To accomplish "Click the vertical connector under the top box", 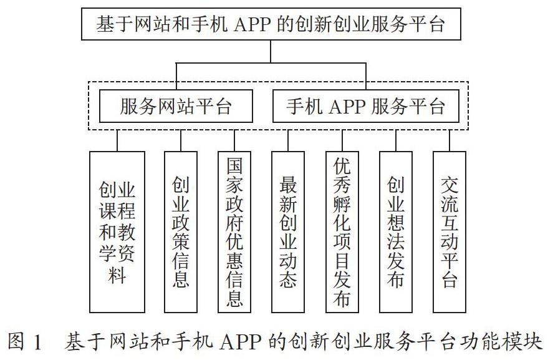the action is pyautogui.click(x=271, y=52).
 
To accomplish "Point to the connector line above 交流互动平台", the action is pyautogui.click(x=450, y=141).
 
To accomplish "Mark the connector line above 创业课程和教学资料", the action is pyautogui.click(x=117, y=141).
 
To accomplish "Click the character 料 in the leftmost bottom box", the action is pyautogui.click(x=117, y=275).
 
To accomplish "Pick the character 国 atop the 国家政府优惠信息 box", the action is pyautogui.click(x=234, y=165).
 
